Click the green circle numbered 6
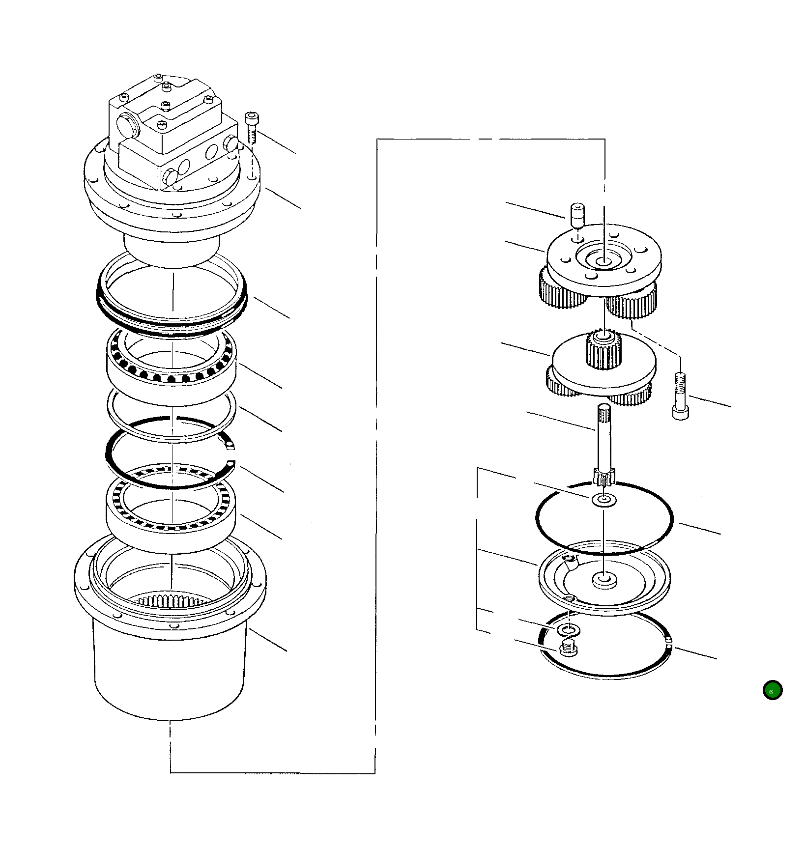coord(772,690)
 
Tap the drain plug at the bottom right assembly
coord(569,649)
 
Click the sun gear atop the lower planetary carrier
coord(604,350)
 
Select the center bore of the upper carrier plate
coord(604,262)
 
